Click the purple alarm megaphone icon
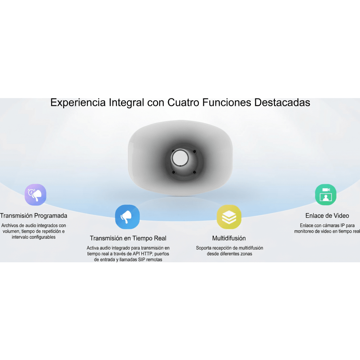[x=36, y=195]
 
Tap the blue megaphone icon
[x=127, y=217]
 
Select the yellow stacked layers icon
[x=229, y=217]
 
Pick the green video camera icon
[x=326, y=195]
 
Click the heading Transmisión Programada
[x=33, y=216]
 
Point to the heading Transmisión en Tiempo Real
[x=128, y=238]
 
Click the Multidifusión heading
[x=229, y=238]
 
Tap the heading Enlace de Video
[x=327, y=216]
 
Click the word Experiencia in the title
[x=78, y=103]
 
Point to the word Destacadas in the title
[x=282, y=102]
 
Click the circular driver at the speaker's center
[x=180, y=158]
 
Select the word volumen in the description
[x=11, y=231]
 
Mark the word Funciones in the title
[x=227, y=102]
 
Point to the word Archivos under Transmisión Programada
[x=10, y=226]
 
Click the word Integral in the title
[x=126, y=103]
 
